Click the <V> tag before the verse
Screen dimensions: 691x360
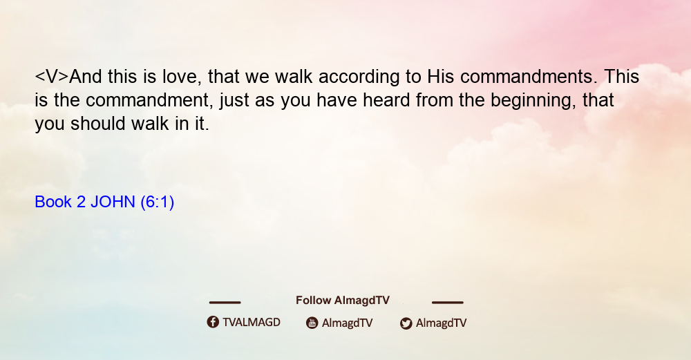tap(52, 77)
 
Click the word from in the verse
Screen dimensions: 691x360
tap(435, 100)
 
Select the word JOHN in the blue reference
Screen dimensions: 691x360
tap(113, 202)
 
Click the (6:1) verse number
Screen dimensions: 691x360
tap(158, 202)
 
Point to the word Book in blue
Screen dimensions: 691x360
tap(53, 202)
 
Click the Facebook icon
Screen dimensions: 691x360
tap(213, 322)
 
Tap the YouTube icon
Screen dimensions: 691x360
tap(312, 323)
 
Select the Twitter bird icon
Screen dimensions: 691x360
tap(406, 323)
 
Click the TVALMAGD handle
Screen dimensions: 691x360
tap(252, 322)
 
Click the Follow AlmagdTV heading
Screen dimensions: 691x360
tap(343, 301)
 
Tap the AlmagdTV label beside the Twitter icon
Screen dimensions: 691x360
tap(441, 323)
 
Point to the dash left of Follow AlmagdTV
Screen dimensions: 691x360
tap(225, 302)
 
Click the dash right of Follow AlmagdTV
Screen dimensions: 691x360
tap(448, 302)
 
